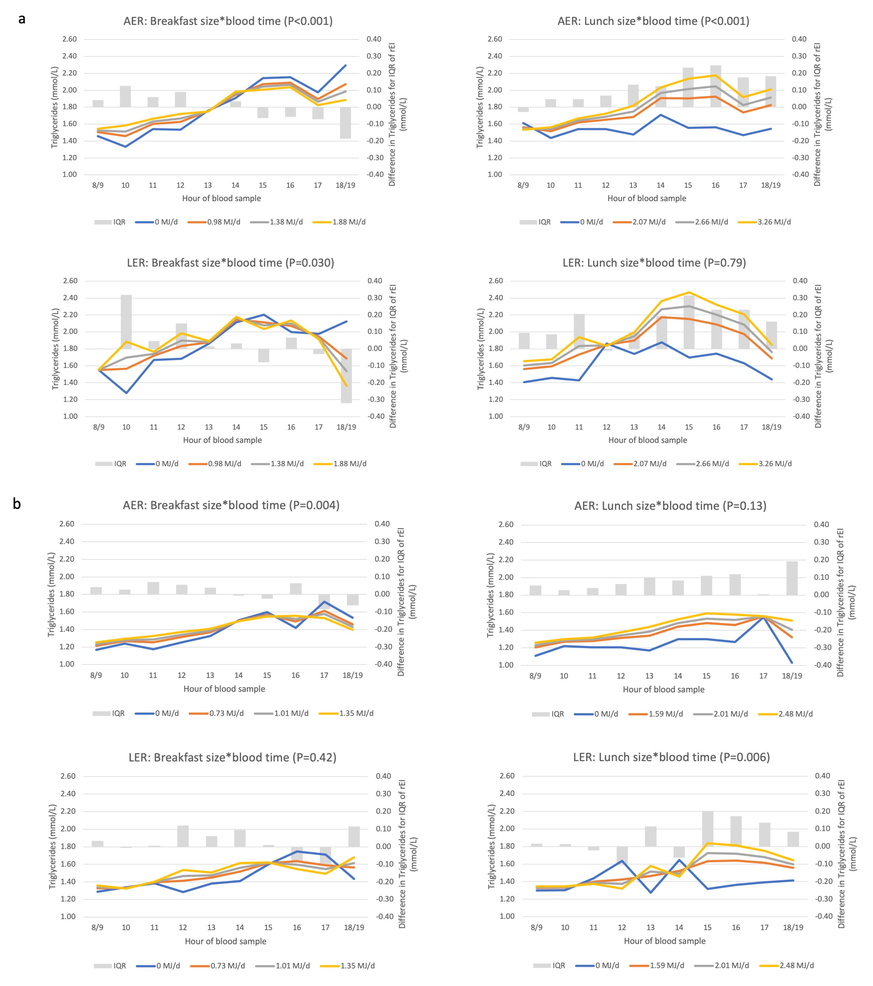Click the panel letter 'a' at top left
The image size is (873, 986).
pos(22,19)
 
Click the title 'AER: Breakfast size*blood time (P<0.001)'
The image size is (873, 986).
pos(228,21)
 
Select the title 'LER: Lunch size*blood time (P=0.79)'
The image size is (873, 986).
pos(654,263)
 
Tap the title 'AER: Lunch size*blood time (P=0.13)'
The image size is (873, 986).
pos(670,506)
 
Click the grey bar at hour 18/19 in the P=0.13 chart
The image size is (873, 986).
pos(792,578)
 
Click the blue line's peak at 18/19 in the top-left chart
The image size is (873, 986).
pos(345,65)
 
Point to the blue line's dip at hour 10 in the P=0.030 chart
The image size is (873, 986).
pos(126,393)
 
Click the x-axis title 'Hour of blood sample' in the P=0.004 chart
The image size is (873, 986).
pos(224,689)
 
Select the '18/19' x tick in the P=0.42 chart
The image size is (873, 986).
pos(354,927)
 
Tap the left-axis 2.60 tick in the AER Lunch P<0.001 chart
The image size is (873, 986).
pos(494,39)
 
